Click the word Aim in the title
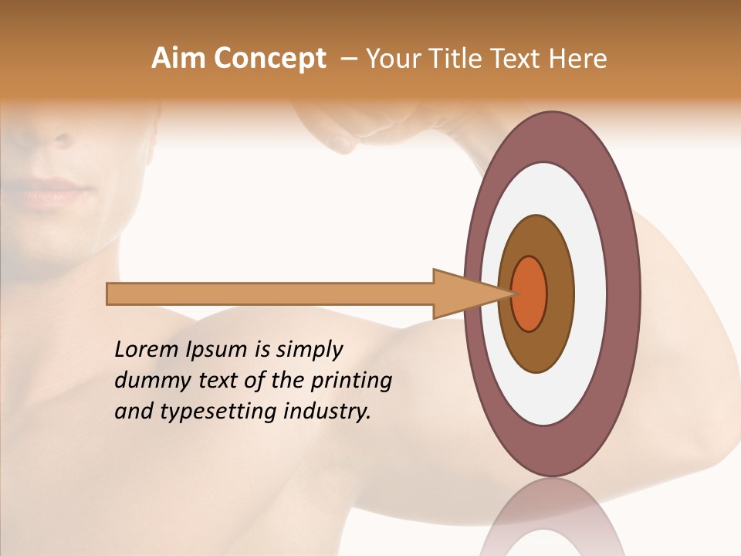click(178, 59)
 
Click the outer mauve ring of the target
click(553, 136)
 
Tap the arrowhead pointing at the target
click(463, 294)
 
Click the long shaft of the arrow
click(270, 294)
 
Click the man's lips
click(54, 192)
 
